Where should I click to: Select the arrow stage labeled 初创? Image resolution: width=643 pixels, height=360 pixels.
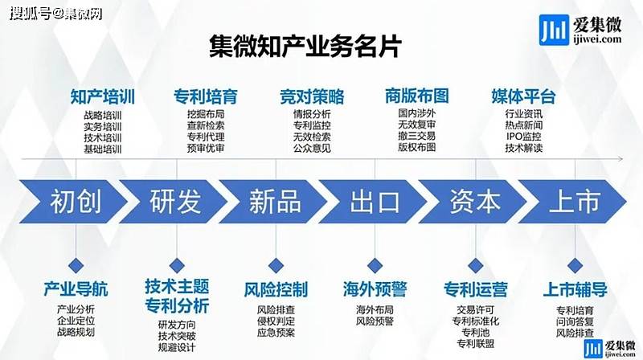pyautogui.click(x=76, y=201)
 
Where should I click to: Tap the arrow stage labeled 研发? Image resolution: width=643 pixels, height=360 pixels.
pyautogui.click(x=175, y=201)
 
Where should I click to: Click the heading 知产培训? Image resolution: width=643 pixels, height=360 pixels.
pyautogui.click(x=102, y=97)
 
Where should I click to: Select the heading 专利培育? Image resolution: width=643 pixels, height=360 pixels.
pyautogui.click(x=206, y=97)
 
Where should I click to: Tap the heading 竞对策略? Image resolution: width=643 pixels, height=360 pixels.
pyautogui.click(x=312, y=97)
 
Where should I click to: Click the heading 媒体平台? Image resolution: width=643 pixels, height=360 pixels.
pyautogui.click(x=523, y=97)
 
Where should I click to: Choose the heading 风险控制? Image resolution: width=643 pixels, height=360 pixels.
pyautogui.click(x=275, y=289)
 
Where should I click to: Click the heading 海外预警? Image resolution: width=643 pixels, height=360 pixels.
pyautogui.click(x=374, y=289)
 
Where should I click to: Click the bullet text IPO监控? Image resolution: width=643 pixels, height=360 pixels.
pyautogui.click(x=524, y=137)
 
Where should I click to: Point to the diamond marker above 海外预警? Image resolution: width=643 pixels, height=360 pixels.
pyautogui.click(x=374, y=264)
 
